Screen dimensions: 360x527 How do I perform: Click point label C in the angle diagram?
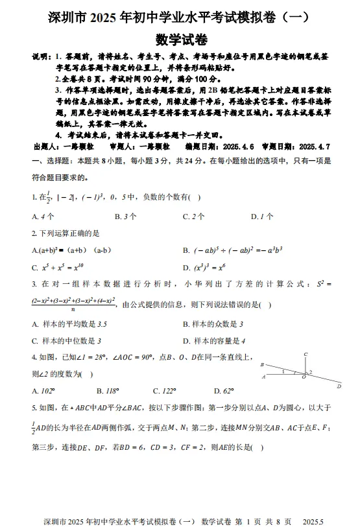(306, 354)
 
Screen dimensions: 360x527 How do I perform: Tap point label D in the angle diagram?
(339, 386)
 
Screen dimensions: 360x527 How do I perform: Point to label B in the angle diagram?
(261, 365)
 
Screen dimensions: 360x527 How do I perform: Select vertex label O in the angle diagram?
(304, 377)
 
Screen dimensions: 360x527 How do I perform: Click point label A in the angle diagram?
(263, 377)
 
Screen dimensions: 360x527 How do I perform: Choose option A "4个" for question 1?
(43, 217)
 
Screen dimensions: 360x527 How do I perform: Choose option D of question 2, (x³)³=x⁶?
(207, 266)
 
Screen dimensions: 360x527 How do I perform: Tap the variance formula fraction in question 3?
(73, 305)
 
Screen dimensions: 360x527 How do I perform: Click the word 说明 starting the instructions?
(40, 56)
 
